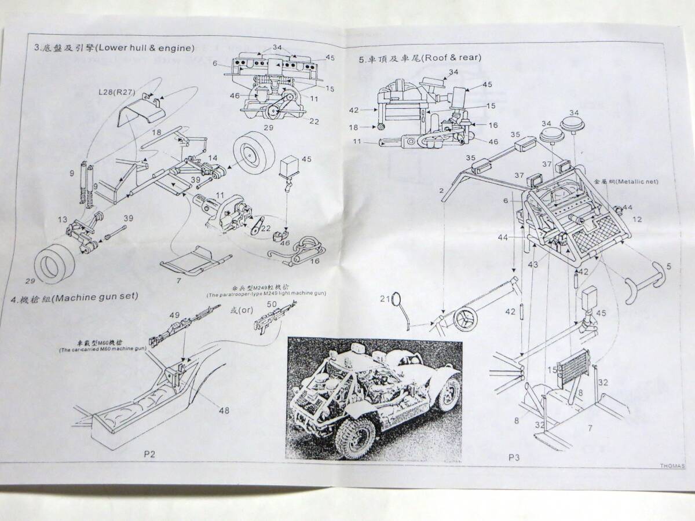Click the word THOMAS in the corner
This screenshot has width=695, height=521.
click(672, 465)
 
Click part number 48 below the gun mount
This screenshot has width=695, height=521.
click(224, 410)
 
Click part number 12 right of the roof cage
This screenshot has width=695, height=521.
click(637, 219)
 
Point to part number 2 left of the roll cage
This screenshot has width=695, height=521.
click(441, 190)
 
